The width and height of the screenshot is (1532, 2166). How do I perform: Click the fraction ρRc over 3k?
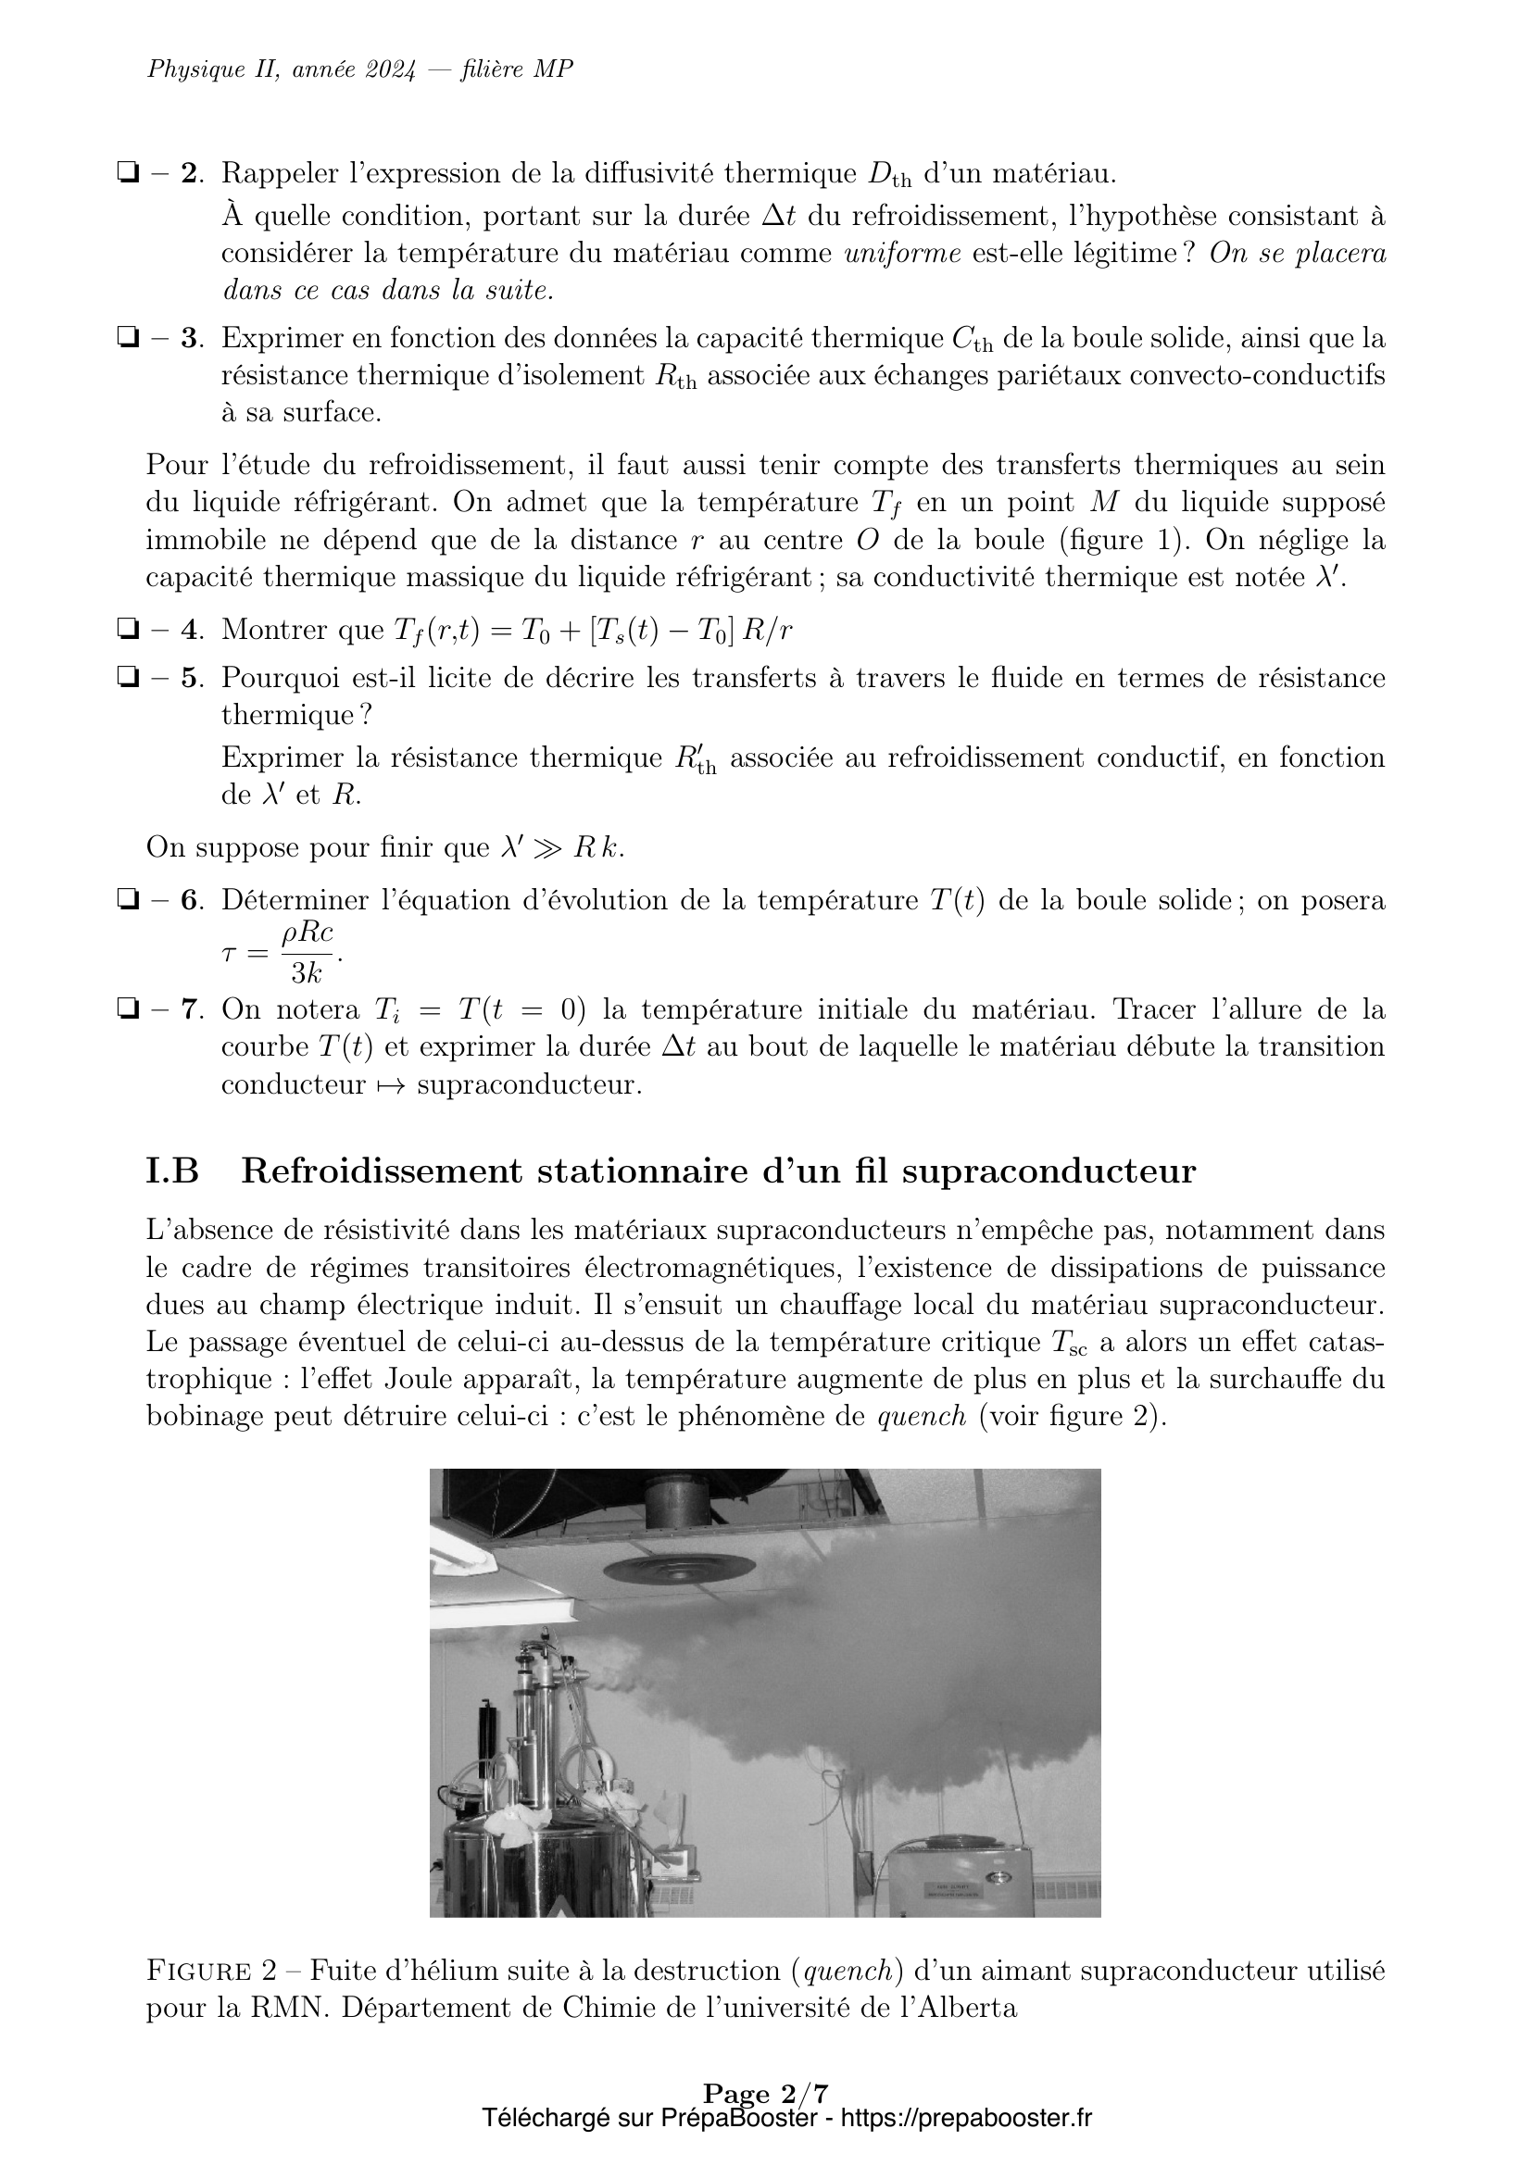[x=308, y=952]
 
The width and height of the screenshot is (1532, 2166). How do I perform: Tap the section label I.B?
[x=171, y=1171]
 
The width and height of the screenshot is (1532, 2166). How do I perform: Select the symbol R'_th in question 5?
[x=696, y=759]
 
